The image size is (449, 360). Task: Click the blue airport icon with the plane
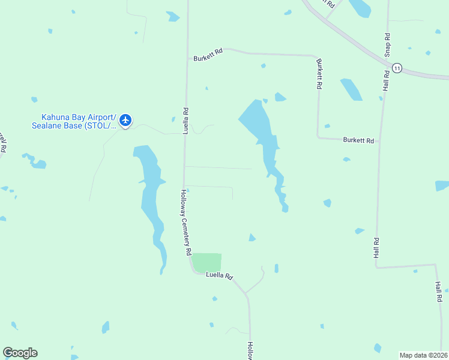tap(125, 120)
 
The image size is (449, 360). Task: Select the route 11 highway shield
tap(397, 68)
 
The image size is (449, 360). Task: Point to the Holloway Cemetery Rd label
tap(187, 223)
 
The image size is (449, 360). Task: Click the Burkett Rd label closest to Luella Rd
tap(208, 56)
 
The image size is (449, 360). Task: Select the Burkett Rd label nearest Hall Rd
tap(358, 140)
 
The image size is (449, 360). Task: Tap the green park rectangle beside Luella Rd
tap(207, 262)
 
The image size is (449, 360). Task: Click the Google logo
tap(20, 353)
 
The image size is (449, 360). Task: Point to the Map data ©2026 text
tap(423, 355)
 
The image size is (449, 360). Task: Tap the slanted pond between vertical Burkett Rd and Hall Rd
tap(351, 89)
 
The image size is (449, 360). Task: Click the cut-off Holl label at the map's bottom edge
tap(250, 350)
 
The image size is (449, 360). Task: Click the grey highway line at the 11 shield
tap(414, 73)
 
